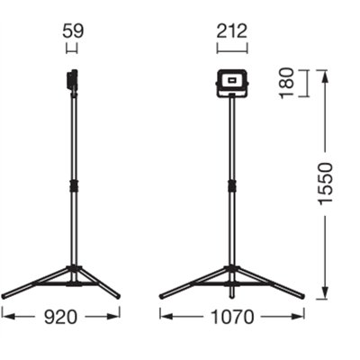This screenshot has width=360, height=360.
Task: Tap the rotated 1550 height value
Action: point(325,185)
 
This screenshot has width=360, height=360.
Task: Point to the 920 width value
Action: point(61,316)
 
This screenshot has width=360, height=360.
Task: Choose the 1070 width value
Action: point(232,316)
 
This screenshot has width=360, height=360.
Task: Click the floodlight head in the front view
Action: point(232,84)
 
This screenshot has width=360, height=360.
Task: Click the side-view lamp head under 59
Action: point(71,81)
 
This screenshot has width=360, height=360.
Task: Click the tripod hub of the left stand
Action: point(72,273)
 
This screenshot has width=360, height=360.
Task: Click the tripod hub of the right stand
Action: point(232,273)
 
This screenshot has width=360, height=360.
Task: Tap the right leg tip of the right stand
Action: point(302,295)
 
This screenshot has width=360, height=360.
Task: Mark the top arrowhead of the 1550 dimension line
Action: point(325,72)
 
